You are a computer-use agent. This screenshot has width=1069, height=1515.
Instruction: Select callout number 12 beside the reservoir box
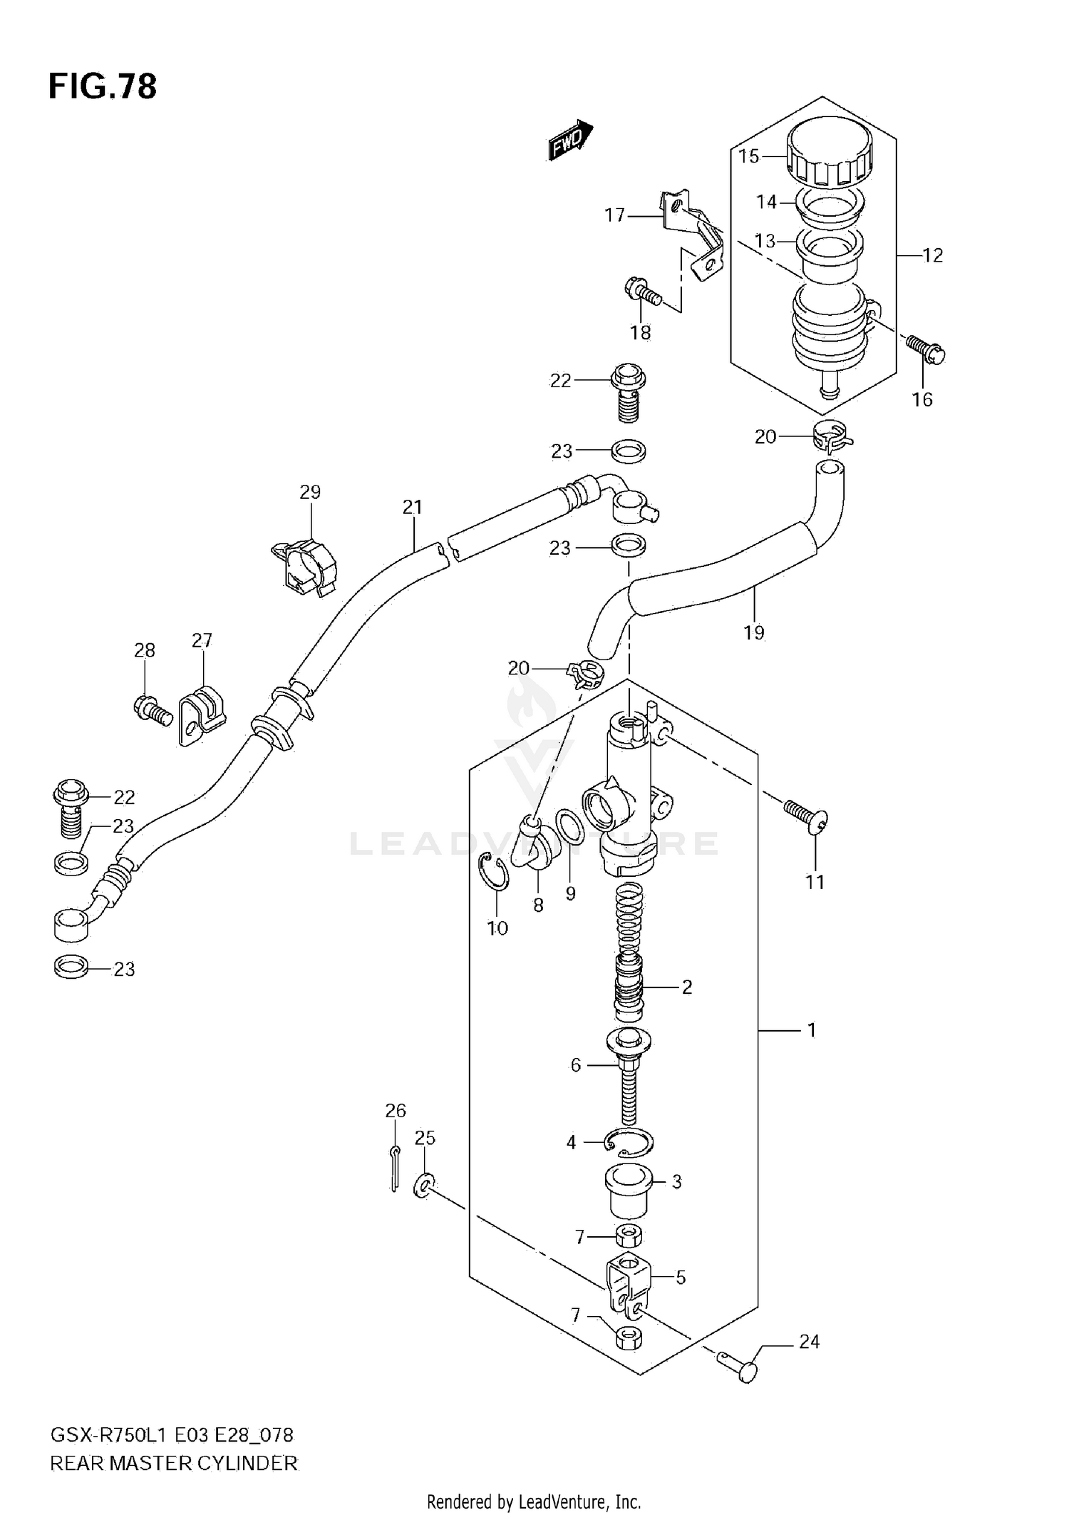pyautogui.click(x=932, y=255)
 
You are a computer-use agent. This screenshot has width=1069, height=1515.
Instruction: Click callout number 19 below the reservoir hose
pyautogui.click(x=754, y=632)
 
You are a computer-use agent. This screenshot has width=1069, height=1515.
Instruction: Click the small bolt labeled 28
pyautogui.click(x=152, y=710)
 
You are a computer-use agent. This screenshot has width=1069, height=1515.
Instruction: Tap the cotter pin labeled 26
pyautogui.click(x=394, y=1167)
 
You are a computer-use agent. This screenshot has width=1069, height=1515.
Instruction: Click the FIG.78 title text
pyautogui.click(x=103, y=87)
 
